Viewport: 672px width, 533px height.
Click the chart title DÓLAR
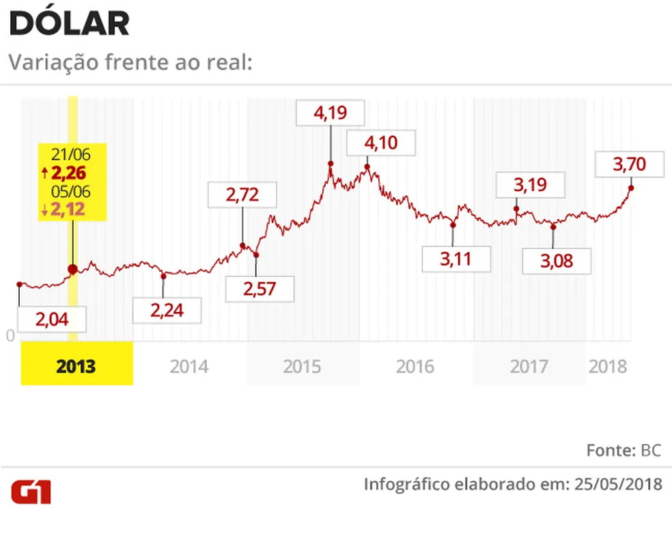pyautogui.click(x=69, y=24)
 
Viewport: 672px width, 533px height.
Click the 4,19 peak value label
pyautogui.click(x=331, y=113)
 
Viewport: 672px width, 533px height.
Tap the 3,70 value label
pyautogui.click(x=630, y=164)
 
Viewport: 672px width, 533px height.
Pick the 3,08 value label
pyautogui.click(x=556, y=260)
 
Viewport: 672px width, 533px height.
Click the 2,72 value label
pyautogui.click(x=242, y=196)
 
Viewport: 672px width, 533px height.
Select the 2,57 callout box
pyautogui.click(x=260, y=289)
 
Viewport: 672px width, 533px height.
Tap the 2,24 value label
pyautogui.click(x=167, y=311)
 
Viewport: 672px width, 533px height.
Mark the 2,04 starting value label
pyautogui.click(x=52, y=319)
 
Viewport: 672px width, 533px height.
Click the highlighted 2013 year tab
pyautogui.click(x=76, y=366)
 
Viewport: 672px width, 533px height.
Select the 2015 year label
pyautogui.click(x=303, y=366)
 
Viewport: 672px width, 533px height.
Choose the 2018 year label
pyautogui.click(x=607, y=366)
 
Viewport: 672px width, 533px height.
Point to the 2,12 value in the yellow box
pyautogui.click(x=67, y=210)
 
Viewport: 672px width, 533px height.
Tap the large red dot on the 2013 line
pyautogui.click(x=72, y=270)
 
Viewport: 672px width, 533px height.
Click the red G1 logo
pyautogui.click(x=31, y=492)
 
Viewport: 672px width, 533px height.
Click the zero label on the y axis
pyautogui.click(x=10, y=336)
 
